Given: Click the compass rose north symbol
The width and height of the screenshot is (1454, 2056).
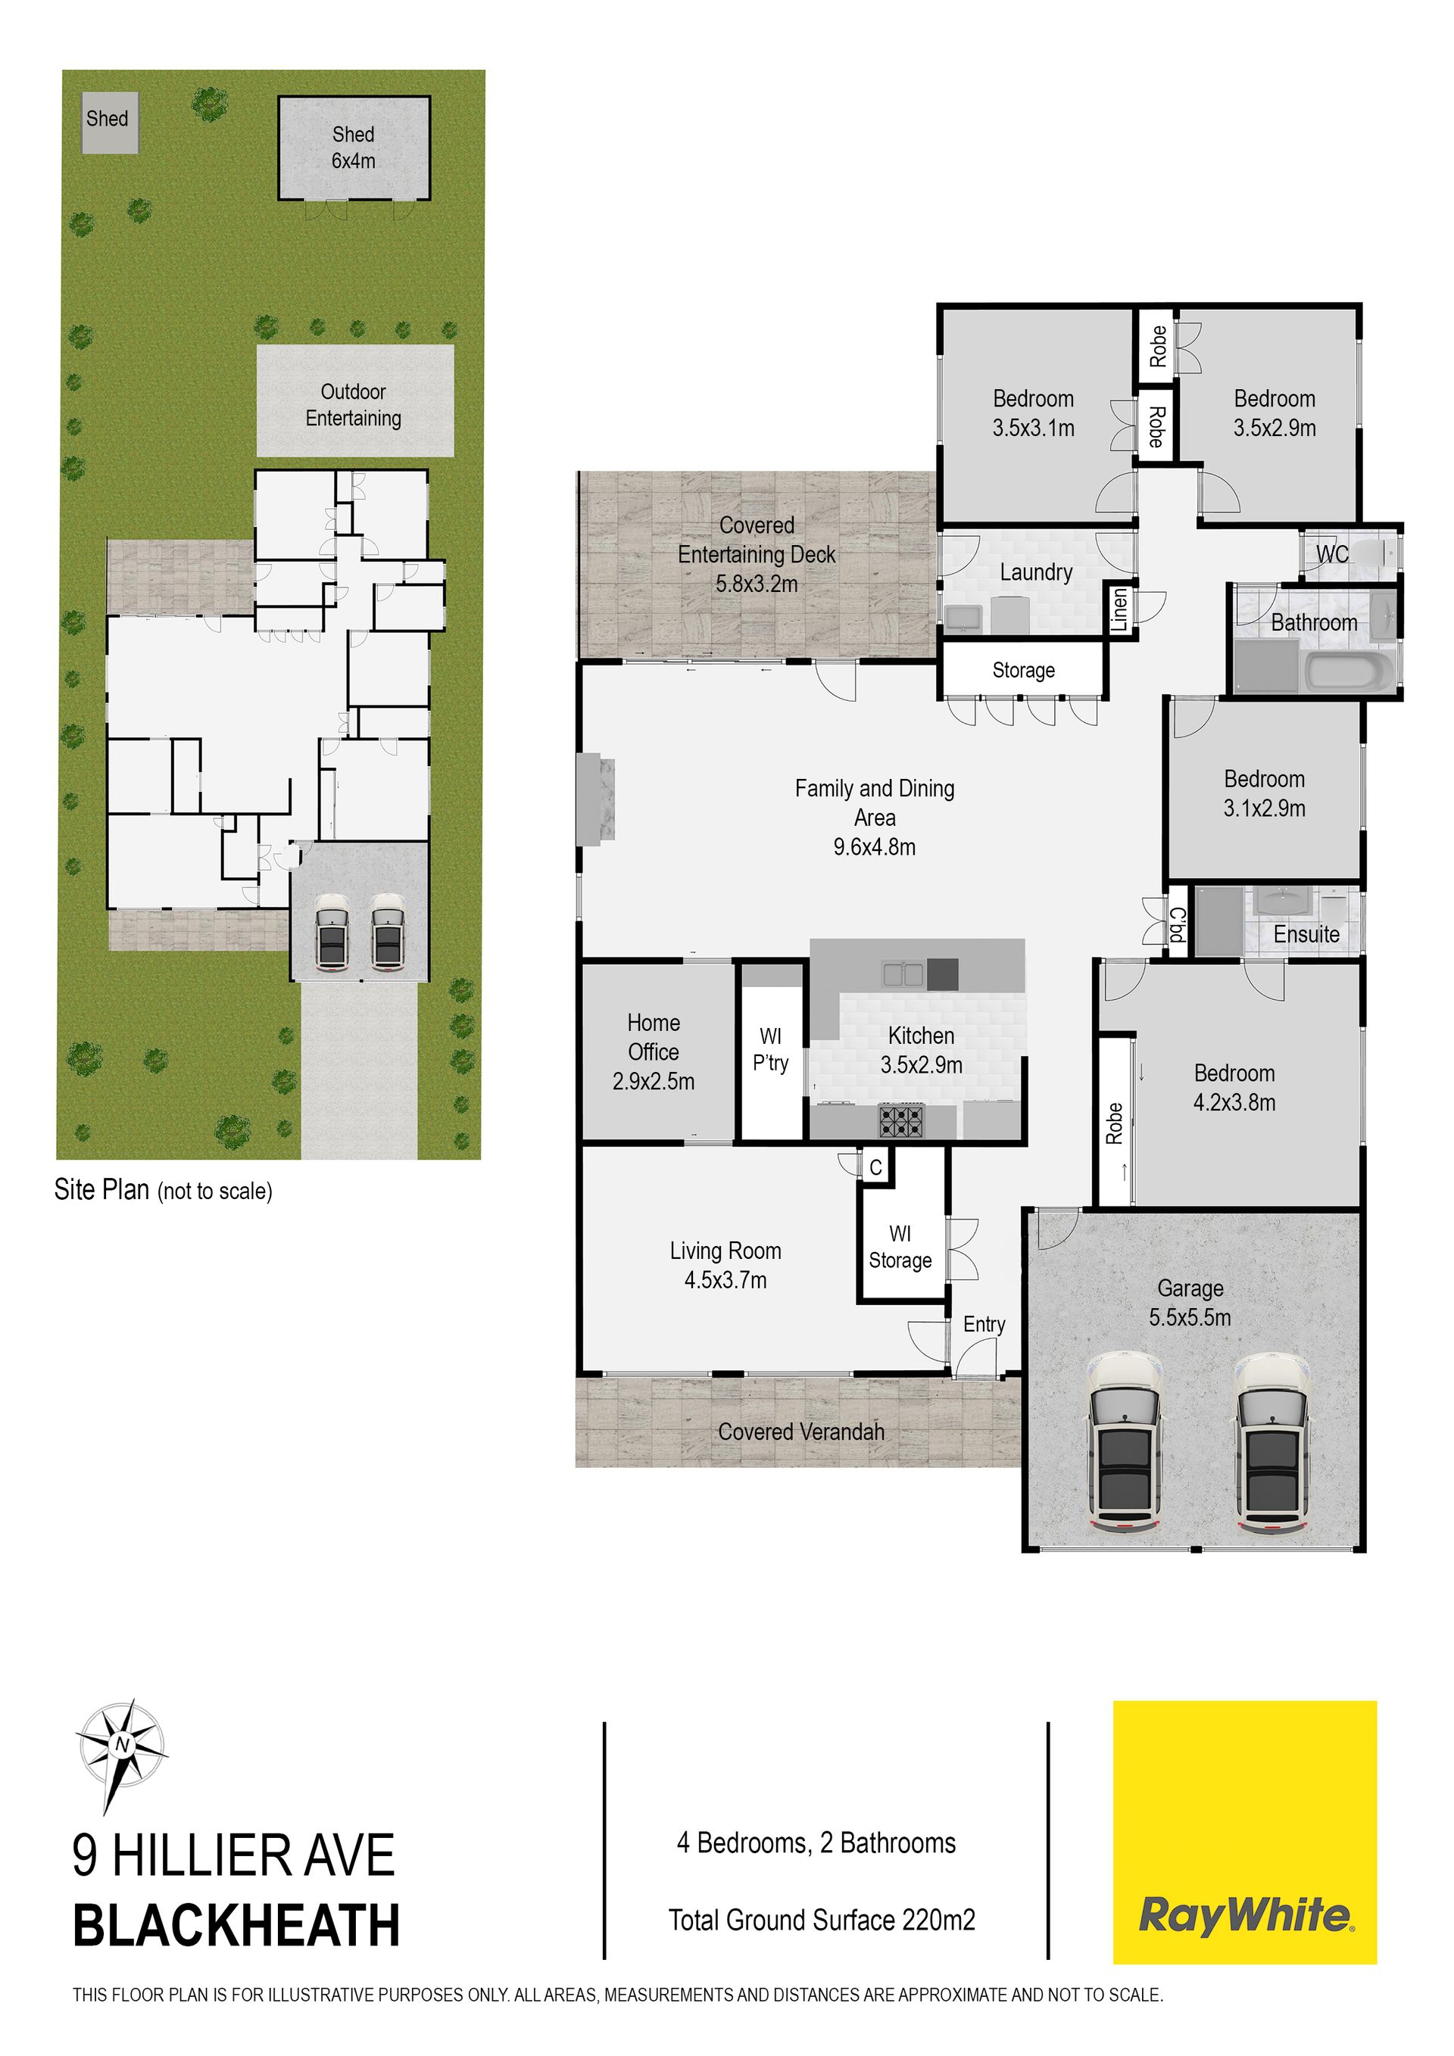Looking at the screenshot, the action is (x=121, y=1744).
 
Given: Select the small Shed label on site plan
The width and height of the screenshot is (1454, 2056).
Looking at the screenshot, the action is (x=108, y=118).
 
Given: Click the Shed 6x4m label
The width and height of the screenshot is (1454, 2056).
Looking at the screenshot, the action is (x=354, y=148).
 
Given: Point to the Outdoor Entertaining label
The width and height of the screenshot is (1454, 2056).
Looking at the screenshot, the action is (x=354, y=405).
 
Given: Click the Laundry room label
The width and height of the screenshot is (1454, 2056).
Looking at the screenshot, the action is (x=1037, y=572).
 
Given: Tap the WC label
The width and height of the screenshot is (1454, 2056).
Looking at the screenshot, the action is (x=1332, y=554).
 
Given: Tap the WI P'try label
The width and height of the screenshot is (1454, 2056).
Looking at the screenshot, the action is (x=770, y=1049).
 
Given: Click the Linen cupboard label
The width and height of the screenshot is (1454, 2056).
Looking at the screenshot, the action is (x=1120, y=610).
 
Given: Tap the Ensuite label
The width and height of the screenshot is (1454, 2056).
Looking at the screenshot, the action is (x=1306, y=934).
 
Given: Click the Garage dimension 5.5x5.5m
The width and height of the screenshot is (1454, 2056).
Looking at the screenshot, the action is (x=1190, y=1317).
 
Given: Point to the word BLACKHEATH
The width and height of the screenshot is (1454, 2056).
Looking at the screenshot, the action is (x=236, y=1926).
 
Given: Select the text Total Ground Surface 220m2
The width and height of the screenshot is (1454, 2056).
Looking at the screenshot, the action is (x=822, y=1920).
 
